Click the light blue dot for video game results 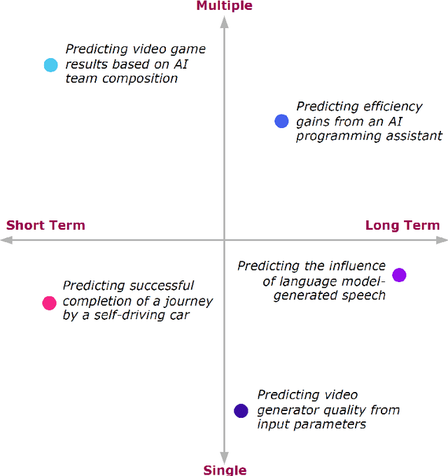[x=50, y=65]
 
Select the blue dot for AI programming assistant [x=281, y=121]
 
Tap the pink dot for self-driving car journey [x=49, y=302]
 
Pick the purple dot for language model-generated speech [x=399, y=274]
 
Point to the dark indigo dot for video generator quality [x=241, y=411]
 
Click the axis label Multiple [x=224, y=6]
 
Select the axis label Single [x=225, y=470]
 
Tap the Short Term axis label [x=45, y=225]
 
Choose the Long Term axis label [x=402, y=225]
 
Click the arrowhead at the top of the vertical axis [x=224, y=21]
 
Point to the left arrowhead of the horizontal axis [x=6, y=240]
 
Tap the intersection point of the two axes [x=224, y=240]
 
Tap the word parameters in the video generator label [x=332, y=424]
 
